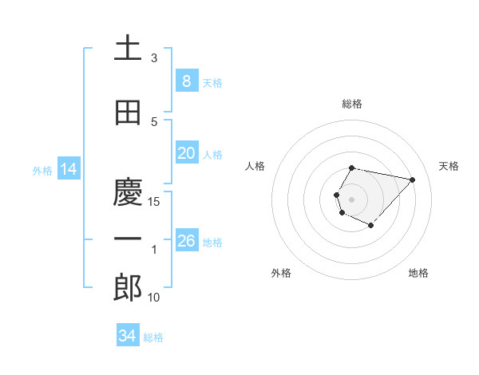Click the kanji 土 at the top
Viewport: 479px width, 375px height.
coord(128,49)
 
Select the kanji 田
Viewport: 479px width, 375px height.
coord(128,113)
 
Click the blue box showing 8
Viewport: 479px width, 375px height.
coord(186,81)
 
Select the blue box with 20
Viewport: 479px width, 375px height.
coord(186,153)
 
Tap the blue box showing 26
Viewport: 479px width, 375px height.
coord(186,241)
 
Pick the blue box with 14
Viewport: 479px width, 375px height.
coord(68,169)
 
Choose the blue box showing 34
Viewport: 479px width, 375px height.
coord(127,336)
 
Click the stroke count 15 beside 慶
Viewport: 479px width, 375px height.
coord(154,202)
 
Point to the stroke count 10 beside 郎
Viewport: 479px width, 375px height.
coord(154,298)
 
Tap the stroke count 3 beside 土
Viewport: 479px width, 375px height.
coord(154,58)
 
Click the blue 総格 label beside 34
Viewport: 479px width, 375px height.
coord(153,337)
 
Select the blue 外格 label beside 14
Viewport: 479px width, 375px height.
coord(42,170)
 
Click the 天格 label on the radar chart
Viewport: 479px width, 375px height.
coord(449,166)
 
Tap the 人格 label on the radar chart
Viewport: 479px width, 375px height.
coord(255,166)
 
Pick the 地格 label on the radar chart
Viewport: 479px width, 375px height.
coord(418,274)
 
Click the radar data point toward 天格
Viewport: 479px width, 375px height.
coord(412,180)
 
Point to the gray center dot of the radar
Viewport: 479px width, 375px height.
coord(351,198)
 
